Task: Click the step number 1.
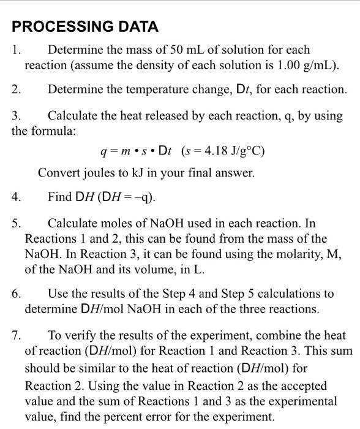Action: tap(17, 50)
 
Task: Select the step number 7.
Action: tap(17, 336)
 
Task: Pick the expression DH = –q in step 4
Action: tap(131, 197)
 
